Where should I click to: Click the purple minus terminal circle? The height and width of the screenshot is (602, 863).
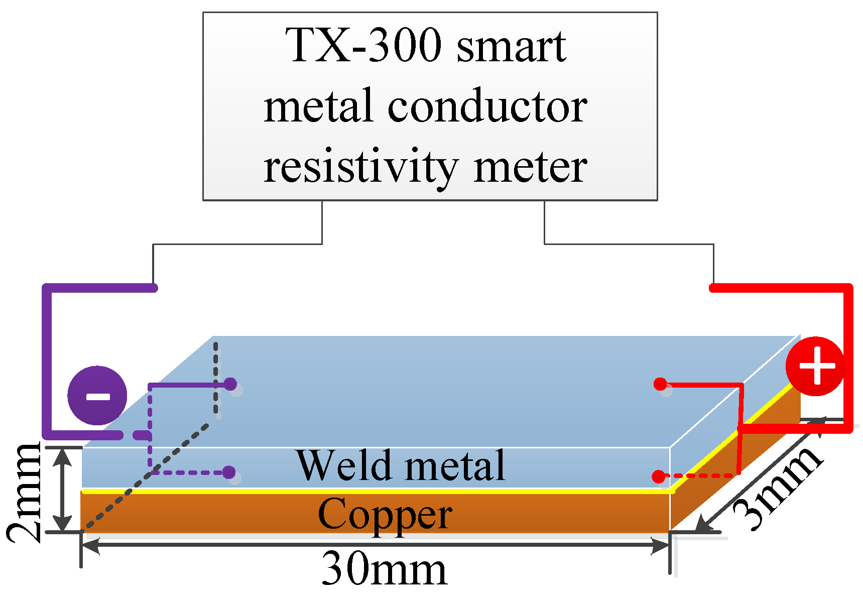click(97, 396)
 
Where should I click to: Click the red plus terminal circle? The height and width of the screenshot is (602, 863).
click(815, 366)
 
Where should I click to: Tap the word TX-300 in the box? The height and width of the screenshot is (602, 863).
click(363, 46)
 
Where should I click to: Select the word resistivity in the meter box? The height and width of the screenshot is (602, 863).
click(360, 167)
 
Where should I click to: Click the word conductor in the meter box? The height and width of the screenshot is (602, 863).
click(487, 106)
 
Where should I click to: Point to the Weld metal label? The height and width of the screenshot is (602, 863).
click(401, 465)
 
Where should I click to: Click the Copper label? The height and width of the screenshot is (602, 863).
click(385, 514)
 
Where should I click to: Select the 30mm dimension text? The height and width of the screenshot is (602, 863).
click(384, 569)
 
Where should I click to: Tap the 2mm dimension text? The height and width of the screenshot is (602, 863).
click(24, 493)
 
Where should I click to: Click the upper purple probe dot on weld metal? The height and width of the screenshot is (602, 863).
click(230, 385)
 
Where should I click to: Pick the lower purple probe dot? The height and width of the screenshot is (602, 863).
click(228, 472)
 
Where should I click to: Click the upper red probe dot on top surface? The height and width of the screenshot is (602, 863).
click(660, 385)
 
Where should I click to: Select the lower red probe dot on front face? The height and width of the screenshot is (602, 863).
click(658, 476)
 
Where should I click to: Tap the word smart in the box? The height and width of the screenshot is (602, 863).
click(511, 46)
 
